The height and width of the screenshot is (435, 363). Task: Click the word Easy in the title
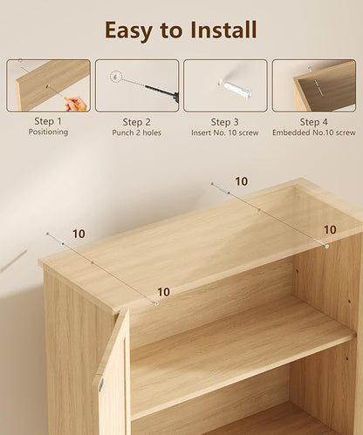pyautogui.click(x=128, y=31)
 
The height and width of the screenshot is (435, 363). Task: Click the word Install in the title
pyautogui.click(x=223, y=30)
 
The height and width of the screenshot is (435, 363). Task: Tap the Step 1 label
pyautogui.click(x=48, y=121)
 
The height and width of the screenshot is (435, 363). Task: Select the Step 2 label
pyautogui.click(x=136, y=122)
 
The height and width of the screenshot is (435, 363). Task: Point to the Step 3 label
pyautogui.click(x=225, y=122)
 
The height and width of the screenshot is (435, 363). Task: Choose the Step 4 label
pyautogui.click(x=313, y=122)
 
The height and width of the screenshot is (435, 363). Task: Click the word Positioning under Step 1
pyautogui.click(x=48, y=132)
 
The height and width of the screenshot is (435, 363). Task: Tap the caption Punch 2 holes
pyautogui.click(x=136, y=133)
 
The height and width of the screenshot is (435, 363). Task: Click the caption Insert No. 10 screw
pyautogui.click(x=225, y=133)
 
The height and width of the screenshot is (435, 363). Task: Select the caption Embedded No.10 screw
pyautogui.click(x=314, y=133)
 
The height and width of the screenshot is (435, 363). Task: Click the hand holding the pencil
pyautogui.click(x=77, y=105)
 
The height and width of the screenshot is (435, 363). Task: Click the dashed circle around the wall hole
pyautogui.click(x=115, y=76)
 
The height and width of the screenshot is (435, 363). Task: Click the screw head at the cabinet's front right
pyautogui.click(x=327, y=247)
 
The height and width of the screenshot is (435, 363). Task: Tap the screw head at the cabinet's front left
pyautogui.click(x=156, y=303)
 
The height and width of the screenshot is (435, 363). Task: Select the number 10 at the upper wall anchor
pyautogui.click(x=242, y=181)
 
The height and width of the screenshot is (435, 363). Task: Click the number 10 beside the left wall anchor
pyautogui.click(x=79, y=234)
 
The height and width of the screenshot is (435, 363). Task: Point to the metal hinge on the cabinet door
pyautogui.click(x=101, y=384)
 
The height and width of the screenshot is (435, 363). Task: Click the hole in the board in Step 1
pyautogui.click(x=49, y=86)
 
